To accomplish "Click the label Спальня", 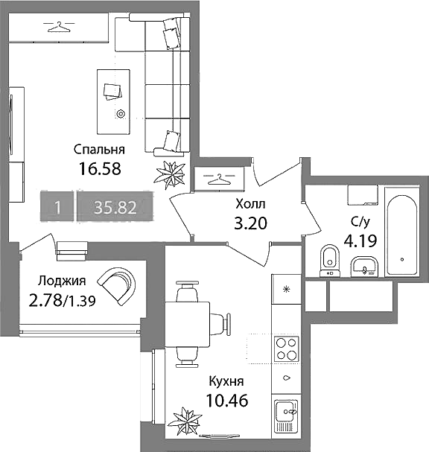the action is coord(99,150).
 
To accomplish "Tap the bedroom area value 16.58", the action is coord(100,169).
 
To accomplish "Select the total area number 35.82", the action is coord(115,207).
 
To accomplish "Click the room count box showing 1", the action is coord(57,206).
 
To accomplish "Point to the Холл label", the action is coord(250,204).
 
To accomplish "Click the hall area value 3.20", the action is coord(250,223).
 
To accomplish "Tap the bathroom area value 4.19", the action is coord(360,241).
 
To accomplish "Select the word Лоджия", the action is coord(62,281).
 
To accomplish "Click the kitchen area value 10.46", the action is coord(227,401).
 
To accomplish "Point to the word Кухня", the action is coord(226,381).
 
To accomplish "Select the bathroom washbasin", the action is coord(364,267).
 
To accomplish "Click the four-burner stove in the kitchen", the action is coord(286,348).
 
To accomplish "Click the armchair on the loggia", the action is coord(118,285).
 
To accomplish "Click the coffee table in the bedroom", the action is coord(113,102).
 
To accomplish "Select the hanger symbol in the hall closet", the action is coord(219,179).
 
